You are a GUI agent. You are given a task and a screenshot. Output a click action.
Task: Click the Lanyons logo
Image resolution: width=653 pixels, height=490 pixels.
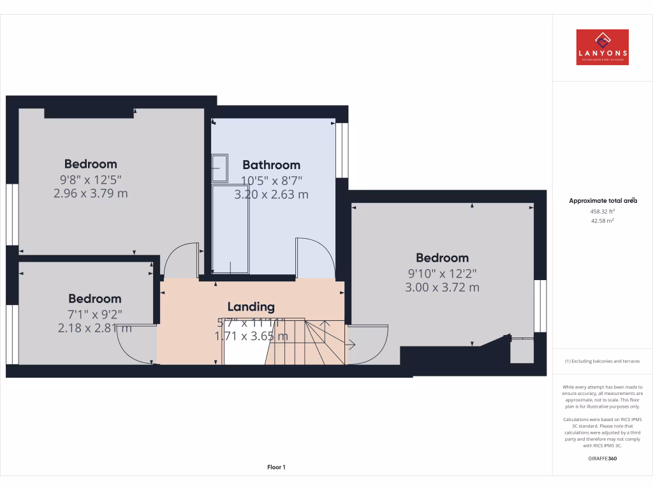pyautogui.click(x=602, y=47)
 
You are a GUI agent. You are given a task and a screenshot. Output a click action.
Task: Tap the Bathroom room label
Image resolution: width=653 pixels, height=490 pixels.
pyautogui.click(x=271, y=165)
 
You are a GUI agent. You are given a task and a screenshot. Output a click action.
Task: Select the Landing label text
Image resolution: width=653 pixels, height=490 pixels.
pyautogui.click(x=251, y=307)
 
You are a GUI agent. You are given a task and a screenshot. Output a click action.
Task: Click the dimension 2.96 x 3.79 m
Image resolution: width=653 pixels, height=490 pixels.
pyautogui.click(x=91, y=193)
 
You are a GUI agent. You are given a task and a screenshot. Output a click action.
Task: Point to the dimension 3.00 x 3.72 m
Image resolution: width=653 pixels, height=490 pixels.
pyautogui.click(x=442, y=287)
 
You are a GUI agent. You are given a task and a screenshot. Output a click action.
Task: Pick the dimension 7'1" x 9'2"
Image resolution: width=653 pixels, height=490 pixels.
pyautogui.click(x=95, y=313)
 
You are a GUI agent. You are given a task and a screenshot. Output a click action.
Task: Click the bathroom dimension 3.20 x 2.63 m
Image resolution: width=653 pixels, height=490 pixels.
pyautogui.click(x=271, y=195)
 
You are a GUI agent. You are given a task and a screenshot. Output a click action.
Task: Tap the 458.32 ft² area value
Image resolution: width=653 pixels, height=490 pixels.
pyautogui.click(x=602, y=211)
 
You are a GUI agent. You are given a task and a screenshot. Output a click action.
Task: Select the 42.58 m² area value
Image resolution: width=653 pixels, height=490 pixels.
pyautogui.click(x=602, y=221)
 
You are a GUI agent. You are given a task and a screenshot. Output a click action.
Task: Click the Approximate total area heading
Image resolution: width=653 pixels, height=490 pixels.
pyautogui.click(x=602, y=200)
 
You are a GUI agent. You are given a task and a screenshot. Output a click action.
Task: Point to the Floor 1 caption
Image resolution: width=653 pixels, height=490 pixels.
pyautogui.click(x=276, y=467)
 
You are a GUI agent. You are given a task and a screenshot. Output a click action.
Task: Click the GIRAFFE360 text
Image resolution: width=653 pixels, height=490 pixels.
pyautogui.click(x=602, y=458)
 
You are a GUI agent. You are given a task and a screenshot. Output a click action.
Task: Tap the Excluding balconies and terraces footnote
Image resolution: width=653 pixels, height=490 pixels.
pyautogui.click(x=602, y=361)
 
